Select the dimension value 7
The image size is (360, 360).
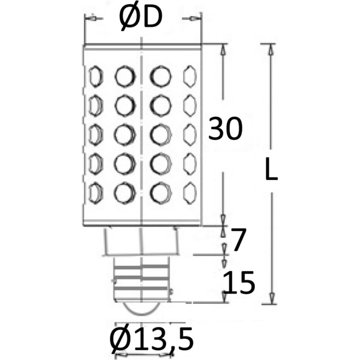(238, 240)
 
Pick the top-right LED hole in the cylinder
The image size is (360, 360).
(190, 76)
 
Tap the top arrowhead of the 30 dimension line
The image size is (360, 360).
(223, 50)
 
